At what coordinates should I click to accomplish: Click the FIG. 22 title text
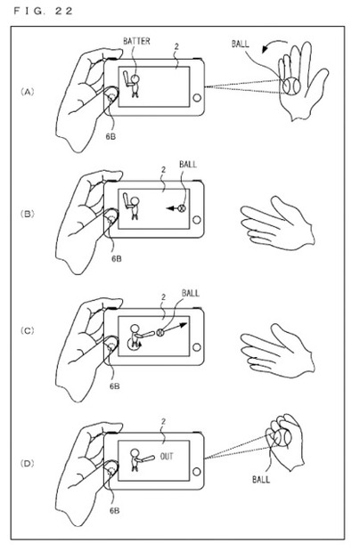(x=43, y=11)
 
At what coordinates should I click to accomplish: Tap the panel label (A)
(x=27, y=93)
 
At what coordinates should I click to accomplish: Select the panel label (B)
(x=27, y=214)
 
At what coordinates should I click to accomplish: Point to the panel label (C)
(x=27, y=331)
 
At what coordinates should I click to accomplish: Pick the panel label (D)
(x=27, y=464)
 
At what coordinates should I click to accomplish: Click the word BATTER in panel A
(x=136, y=41)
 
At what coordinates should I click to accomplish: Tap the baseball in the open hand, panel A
(x=292, y=85)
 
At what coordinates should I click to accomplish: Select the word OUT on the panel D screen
(x=167, y=457)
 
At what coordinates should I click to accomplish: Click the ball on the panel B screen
(x=182, y=208)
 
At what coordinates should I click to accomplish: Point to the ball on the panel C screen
(x=160, y=332)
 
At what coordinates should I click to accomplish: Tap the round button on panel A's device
(x=197, y=98)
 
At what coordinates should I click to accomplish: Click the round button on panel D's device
(x=197, y=471)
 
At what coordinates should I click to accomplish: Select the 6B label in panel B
(x=117, y=259)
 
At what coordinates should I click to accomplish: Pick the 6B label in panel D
(x=114, y=510)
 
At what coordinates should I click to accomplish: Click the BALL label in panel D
(x=261, y=479)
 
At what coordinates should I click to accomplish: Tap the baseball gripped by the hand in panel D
(x=282, y=437)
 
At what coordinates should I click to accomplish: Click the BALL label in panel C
(x=191, y=293)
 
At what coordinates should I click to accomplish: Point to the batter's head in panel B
(x=135, y=201)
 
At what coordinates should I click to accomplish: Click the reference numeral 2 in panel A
(x=176, y=46)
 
